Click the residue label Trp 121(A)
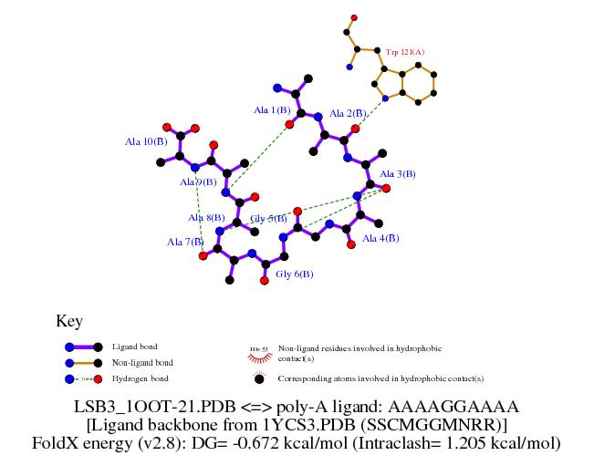[x=405, y=52]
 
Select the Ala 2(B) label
[x=348, y=113]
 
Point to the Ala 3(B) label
[x=398, y=173]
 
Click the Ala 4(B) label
[x=380, y=238]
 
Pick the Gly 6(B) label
[x=295, y=274]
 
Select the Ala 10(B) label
[x=146, y=141]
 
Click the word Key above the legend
[x=69, y=321]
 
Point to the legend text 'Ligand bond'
[x=134, y=347]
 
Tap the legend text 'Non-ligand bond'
[x=141, y=362]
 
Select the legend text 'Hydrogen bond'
[x=138, y=378]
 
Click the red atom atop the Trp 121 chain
[x=353, y=17]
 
